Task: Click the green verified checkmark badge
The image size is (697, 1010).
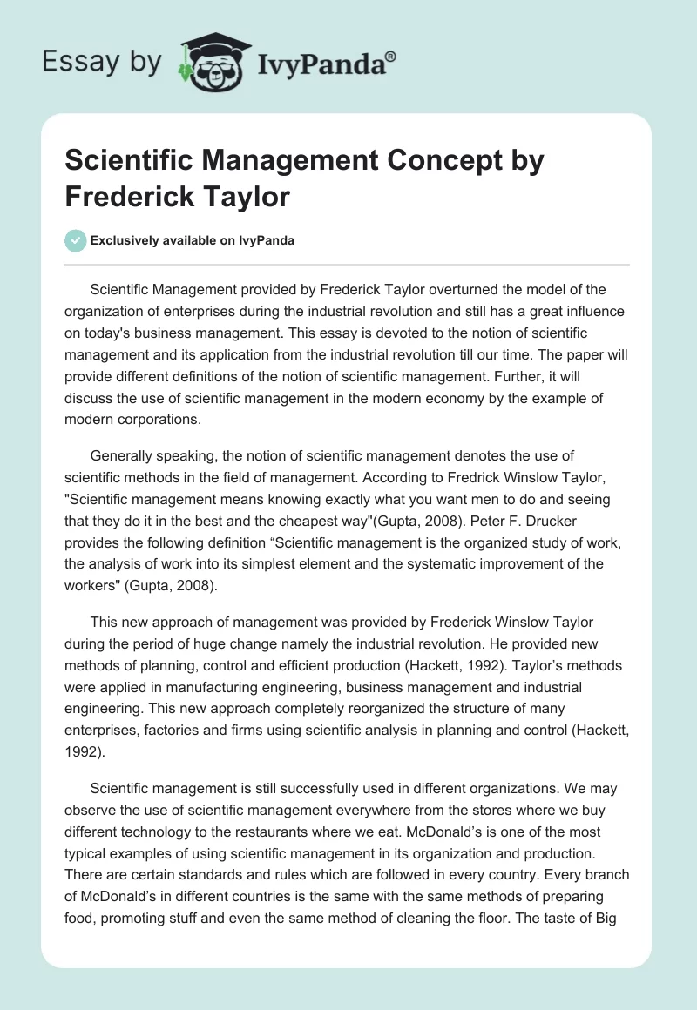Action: pyautogui.click(x=76, y=240)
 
